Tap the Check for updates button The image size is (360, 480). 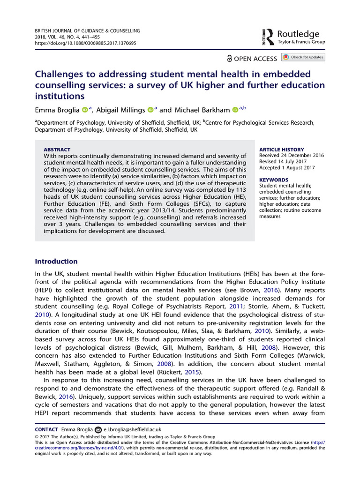point(303,57)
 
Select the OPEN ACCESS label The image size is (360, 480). point(252,59)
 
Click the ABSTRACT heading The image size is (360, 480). point(57,150)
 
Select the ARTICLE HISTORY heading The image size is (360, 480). point(282,150)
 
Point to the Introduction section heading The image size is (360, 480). point(57,262)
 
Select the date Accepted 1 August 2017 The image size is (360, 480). point(287,168)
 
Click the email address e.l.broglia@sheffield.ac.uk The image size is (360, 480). point(132,429)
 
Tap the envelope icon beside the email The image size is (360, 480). point(98,429)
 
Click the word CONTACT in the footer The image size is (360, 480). point(46,429)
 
